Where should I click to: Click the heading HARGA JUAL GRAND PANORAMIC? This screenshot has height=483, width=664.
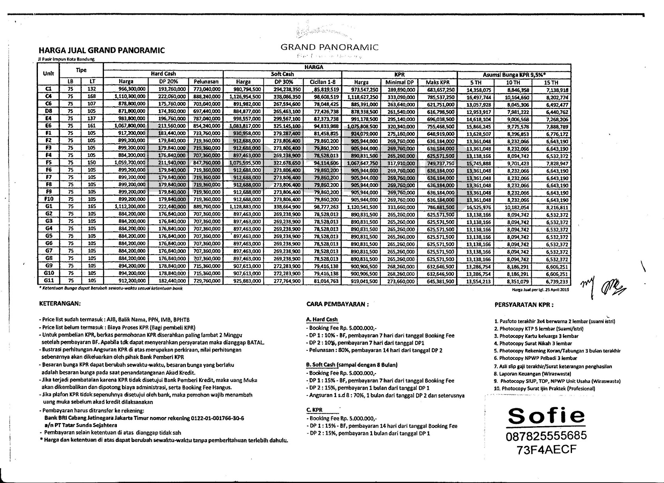click(102, 51)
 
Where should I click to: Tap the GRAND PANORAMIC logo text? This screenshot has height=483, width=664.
click(329, 47)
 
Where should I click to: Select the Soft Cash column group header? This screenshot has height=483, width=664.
click(282, 74)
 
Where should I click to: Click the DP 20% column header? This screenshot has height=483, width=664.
click(168, 82)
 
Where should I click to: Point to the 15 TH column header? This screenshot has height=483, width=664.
click(551, 82)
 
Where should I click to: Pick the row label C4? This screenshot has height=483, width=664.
click(49, 96)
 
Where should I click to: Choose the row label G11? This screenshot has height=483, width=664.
click(49, 281)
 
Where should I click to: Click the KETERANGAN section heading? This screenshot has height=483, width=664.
click(60, 304)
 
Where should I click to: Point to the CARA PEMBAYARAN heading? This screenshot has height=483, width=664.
click(338, 304)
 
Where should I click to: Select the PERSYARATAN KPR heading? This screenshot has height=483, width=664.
click(524, 305)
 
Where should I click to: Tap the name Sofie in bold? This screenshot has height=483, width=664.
click(546, 416)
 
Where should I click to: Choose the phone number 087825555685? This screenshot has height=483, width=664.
click(546, 436)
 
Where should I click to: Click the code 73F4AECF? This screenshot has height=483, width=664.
click(546, 450)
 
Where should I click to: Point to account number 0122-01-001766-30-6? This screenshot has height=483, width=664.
click(217, 418)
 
